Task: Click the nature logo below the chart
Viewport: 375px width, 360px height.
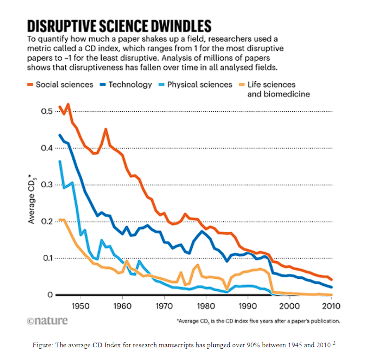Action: click(47, 321)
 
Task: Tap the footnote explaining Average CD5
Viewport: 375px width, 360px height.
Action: click(258, 321)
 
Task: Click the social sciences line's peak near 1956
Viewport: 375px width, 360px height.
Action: click(106, 129)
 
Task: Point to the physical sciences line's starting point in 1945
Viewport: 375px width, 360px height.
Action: click(60, 161)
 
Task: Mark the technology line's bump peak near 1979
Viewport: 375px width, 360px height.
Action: click(203, 231)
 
